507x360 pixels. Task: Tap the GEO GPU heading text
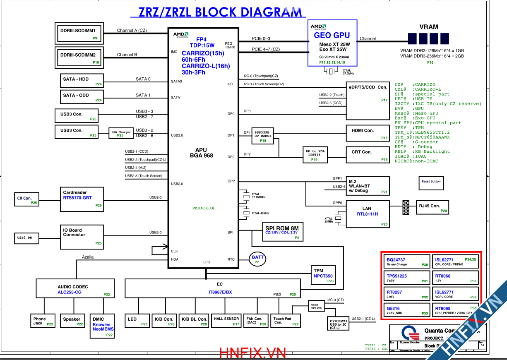click(332, 36)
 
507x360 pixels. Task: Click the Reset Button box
click(431, 182)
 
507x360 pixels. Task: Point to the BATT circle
click(257, 259)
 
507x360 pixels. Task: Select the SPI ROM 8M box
click(282, 232)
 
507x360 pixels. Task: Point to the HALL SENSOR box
click(226, 321)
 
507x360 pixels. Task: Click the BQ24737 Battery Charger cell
click(406, 262)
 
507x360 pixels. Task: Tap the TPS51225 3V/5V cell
click(406, 278)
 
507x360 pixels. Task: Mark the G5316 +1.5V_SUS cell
click(406, 310)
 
